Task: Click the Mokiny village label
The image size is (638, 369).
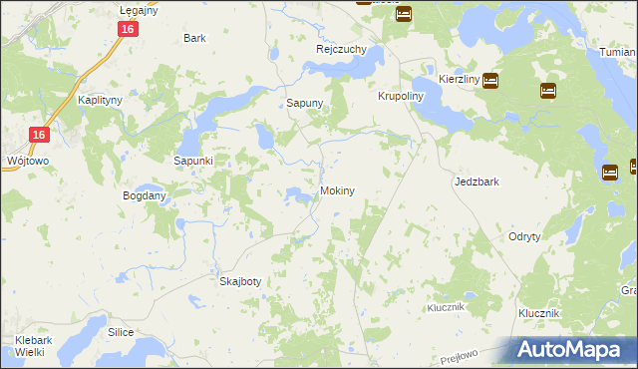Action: [337, 189]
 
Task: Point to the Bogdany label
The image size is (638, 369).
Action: [144, 196]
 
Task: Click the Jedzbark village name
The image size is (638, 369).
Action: [476, 183]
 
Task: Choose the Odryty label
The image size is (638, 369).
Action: [524, 236]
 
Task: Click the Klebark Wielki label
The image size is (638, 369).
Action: [34, 346]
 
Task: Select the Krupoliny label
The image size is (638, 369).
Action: [402, 97]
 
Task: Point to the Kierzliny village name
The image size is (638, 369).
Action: [460, 80]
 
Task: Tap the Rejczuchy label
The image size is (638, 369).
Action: [342, 49]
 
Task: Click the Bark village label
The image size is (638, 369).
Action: [194, 38]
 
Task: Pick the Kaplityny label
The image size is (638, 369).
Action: [100, 101]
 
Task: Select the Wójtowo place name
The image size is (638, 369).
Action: [24, 160]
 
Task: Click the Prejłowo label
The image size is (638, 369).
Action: [485, 355]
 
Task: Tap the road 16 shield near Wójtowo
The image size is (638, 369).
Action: [38, 135]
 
